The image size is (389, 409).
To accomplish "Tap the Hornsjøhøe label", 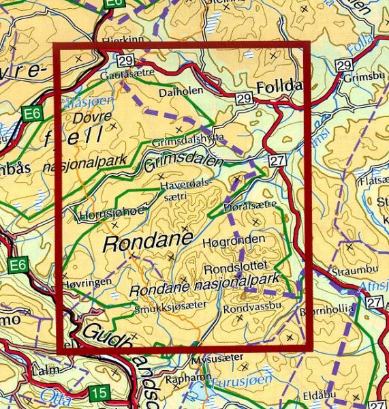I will tap(112, 212).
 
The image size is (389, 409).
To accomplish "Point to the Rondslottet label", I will tap(238, 265).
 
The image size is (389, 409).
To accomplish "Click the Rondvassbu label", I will tap(248, 308).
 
